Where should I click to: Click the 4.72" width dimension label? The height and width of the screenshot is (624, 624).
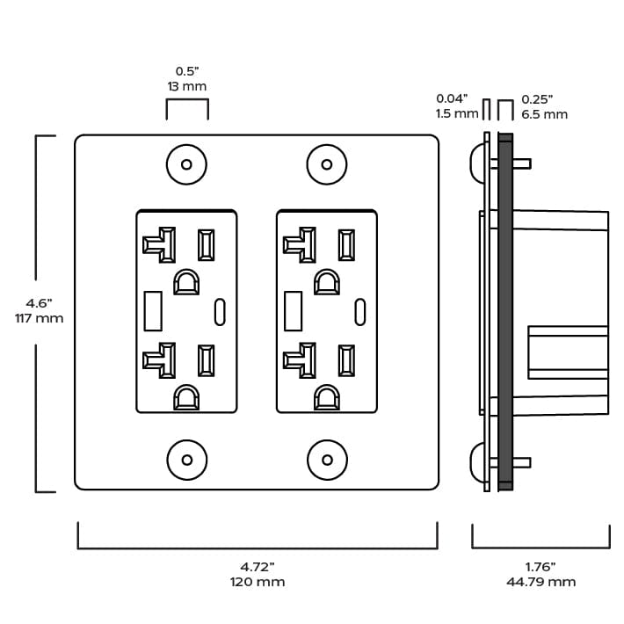[258, 566]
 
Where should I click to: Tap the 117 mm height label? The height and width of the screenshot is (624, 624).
[40, 318]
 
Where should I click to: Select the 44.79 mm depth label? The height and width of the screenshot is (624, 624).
[541, 582]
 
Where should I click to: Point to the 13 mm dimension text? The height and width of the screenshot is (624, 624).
[186, 87]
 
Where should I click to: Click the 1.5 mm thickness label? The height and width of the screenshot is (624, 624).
[456, 114]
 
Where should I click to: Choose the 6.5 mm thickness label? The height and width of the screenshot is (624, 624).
[544, 114]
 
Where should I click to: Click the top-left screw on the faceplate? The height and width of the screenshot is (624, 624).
[186, 164]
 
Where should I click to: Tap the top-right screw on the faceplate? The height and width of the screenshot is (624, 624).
[327, 164]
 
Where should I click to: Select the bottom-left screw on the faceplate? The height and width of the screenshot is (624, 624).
[186, 460]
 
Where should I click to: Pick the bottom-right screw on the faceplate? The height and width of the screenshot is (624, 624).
[327, 460]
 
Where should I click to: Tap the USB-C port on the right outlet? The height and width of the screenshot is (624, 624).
[359, 311]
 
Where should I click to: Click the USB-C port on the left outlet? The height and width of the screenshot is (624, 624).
[219, 311]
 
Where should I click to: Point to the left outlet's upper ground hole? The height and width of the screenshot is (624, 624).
[185, 283]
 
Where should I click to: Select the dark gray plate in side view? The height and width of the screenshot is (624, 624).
[505, 312]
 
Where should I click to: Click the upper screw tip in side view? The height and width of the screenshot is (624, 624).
[523, 163]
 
